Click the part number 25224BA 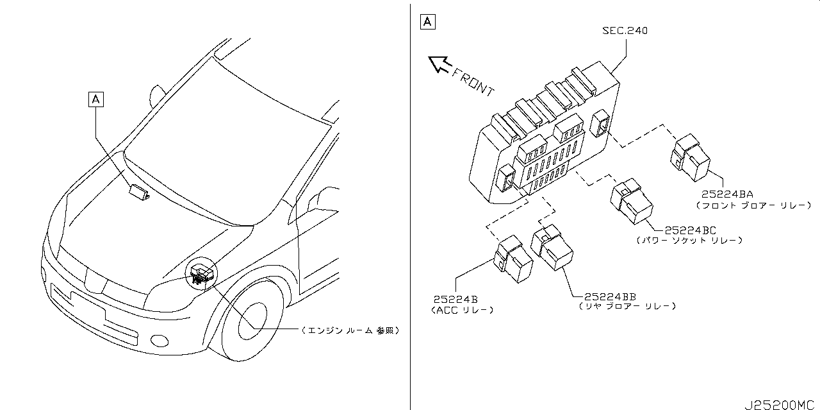point(727,194)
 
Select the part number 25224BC point(690,230)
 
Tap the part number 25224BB point(610,296)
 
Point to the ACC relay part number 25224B point(455,300)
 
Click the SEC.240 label point(625,30)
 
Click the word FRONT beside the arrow point(473,83)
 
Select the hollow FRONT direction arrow point(439,65)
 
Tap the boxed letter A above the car point(96,99)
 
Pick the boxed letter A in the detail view point(427,22)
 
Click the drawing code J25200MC point(779,405)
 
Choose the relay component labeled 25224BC point(632,201)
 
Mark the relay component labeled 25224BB point(552,248)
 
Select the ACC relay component point(513,259)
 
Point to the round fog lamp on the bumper point(160,341)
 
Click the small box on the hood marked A point(139,192)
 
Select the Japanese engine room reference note point(350,330)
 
